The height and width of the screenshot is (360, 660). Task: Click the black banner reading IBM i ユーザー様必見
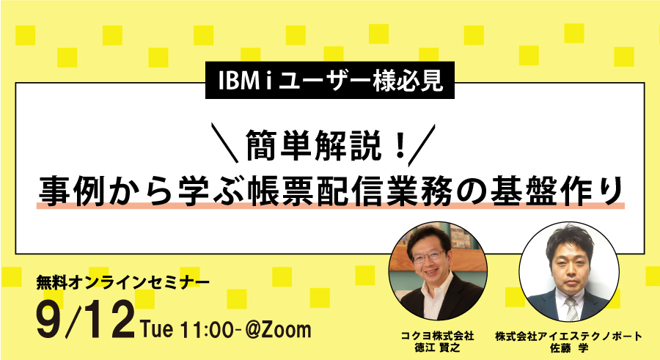click(x=329, y=81)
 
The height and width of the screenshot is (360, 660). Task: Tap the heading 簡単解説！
click(x=327, y=145)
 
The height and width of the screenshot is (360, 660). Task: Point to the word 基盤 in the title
click(x=524, y=192)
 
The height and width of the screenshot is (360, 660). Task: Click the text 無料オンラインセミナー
click(x=123, y=282)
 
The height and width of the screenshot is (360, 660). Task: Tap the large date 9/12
click(x=86, y=321)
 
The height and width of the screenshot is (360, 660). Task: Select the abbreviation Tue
click(x=157, y=328)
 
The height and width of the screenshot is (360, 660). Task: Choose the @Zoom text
click(x=278, y=329)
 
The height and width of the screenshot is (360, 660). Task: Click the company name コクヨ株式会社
click(x=437, y=336)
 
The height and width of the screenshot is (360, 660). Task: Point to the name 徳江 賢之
click(x=437, y=348)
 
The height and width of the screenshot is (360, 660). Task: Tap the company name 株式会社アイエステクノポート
click(x=568, y=336)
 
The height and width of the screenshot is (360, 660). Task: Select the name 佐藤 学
click(x=568, y=348)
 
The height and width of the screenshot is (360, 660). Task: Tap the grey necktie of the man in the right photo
click(x=571, y=309)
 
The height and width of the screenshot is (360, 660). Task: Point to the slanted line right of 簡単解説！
click(x=422, y=144)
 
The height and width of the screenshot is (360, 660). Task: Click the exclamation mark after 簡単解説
click(x=400, y=145)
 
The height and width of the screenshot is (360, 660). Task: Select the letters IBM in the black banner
click(x=238, y=81)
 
